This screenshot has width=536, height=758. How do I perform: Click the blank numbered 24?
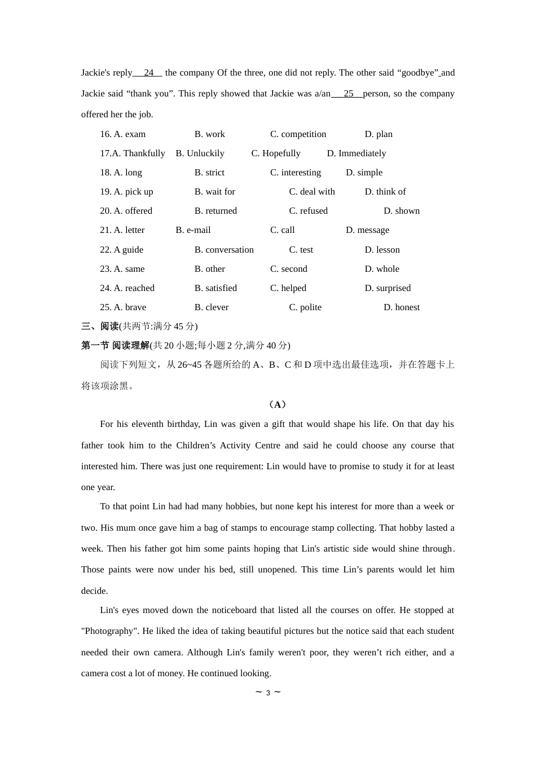pos(148,73)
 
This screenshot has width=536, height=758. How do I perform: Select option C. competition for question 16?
pos(298,134)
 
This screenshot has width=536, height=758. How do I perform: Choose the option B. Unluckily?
pos(200,153)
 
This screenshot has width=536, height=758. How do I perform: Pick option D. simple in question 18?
pos(364,173)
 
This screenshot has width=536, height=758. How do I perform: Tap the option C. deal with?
pos(311,192)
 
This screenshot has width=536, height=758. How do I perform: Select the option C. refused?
pos(308,211)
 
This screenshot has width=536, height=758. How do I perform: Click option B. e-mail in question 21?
pos(193,230)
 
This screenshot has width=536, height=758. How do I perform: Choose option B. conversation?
pos(224,250)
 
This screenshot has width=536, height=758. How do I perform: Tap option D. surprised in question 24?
pos(388,288)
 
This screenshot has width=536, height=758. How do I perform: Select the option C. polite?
pos(305,307)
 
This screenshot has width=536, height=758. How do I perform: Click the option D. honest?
pos(401,307)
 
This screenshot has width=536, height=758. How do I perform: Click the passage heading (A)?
pos(278,404)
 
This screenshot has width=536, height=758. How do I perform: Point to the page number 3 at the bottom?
pos(268,693)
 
